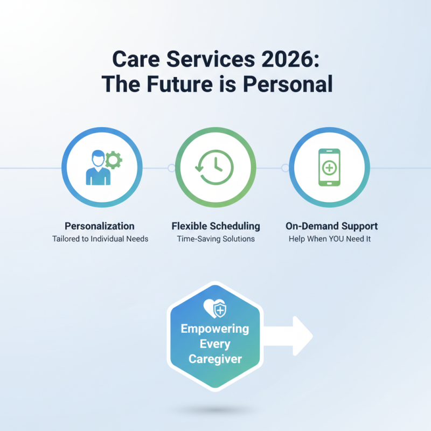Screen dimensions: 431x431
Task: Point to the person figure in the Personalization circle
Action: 96,169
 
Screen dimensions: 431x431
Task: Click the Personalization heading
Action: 100,226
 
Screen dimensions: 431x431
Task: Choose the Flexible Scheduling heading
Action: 215,226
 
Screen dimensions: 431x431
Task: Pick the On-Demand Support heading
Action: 331,226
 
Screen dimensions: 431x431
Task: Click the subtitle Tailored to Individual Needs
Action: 100,239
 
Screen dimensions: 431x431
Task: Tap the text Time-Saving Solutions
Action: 215,239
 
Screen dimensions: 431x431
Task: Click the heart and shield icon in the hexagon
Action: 215,309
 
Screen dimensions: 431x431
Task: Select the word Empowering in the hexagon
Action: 215,329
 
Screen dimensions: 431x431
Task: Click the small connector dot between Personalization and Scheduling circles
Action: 171,168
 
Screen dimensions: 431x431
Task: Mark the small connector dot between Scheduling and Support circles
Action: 285,168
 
